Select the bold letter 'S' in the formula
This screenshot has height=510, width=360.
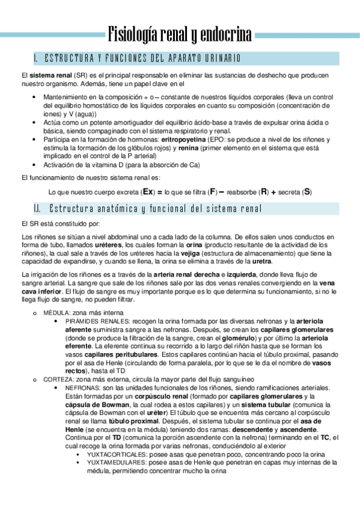click(x=307, y=192)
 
